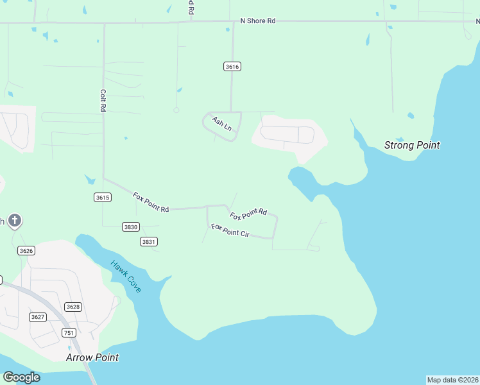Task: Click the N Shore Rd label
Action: coord(257,21)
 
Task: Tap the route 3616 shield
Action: coord(232,67)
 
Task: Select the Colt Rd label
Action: coord(102,101)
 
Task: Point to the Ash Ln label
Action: coord(221,124)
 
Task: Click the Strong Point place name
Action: coord(412,145)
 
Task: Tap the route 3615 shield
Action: coord(102,197)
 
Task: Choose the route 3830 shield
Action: coord(131,227)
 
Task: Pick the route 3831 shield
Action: coord(149,241)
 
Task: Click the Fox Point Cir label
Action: coord(230,230)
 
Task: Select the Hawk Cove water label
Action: coord(125,276)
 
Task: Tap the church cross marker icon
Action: coord(15,221)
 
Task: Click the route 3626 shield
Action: coord(26,250)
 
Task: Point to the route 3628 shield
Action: coord(73,307)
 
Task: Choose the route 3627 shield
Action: coord(38,317)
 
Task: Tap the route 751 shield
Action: coord(69,332)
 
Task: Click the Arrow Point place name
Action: coord(92,357)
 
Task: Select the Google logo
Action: coord(21,377)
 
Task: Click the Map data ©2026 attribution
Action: coord(453,380)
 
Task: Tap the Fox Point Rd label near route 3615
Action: coord(151,202)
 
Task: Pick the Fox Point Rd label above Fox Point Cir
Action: coord(248,214)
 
